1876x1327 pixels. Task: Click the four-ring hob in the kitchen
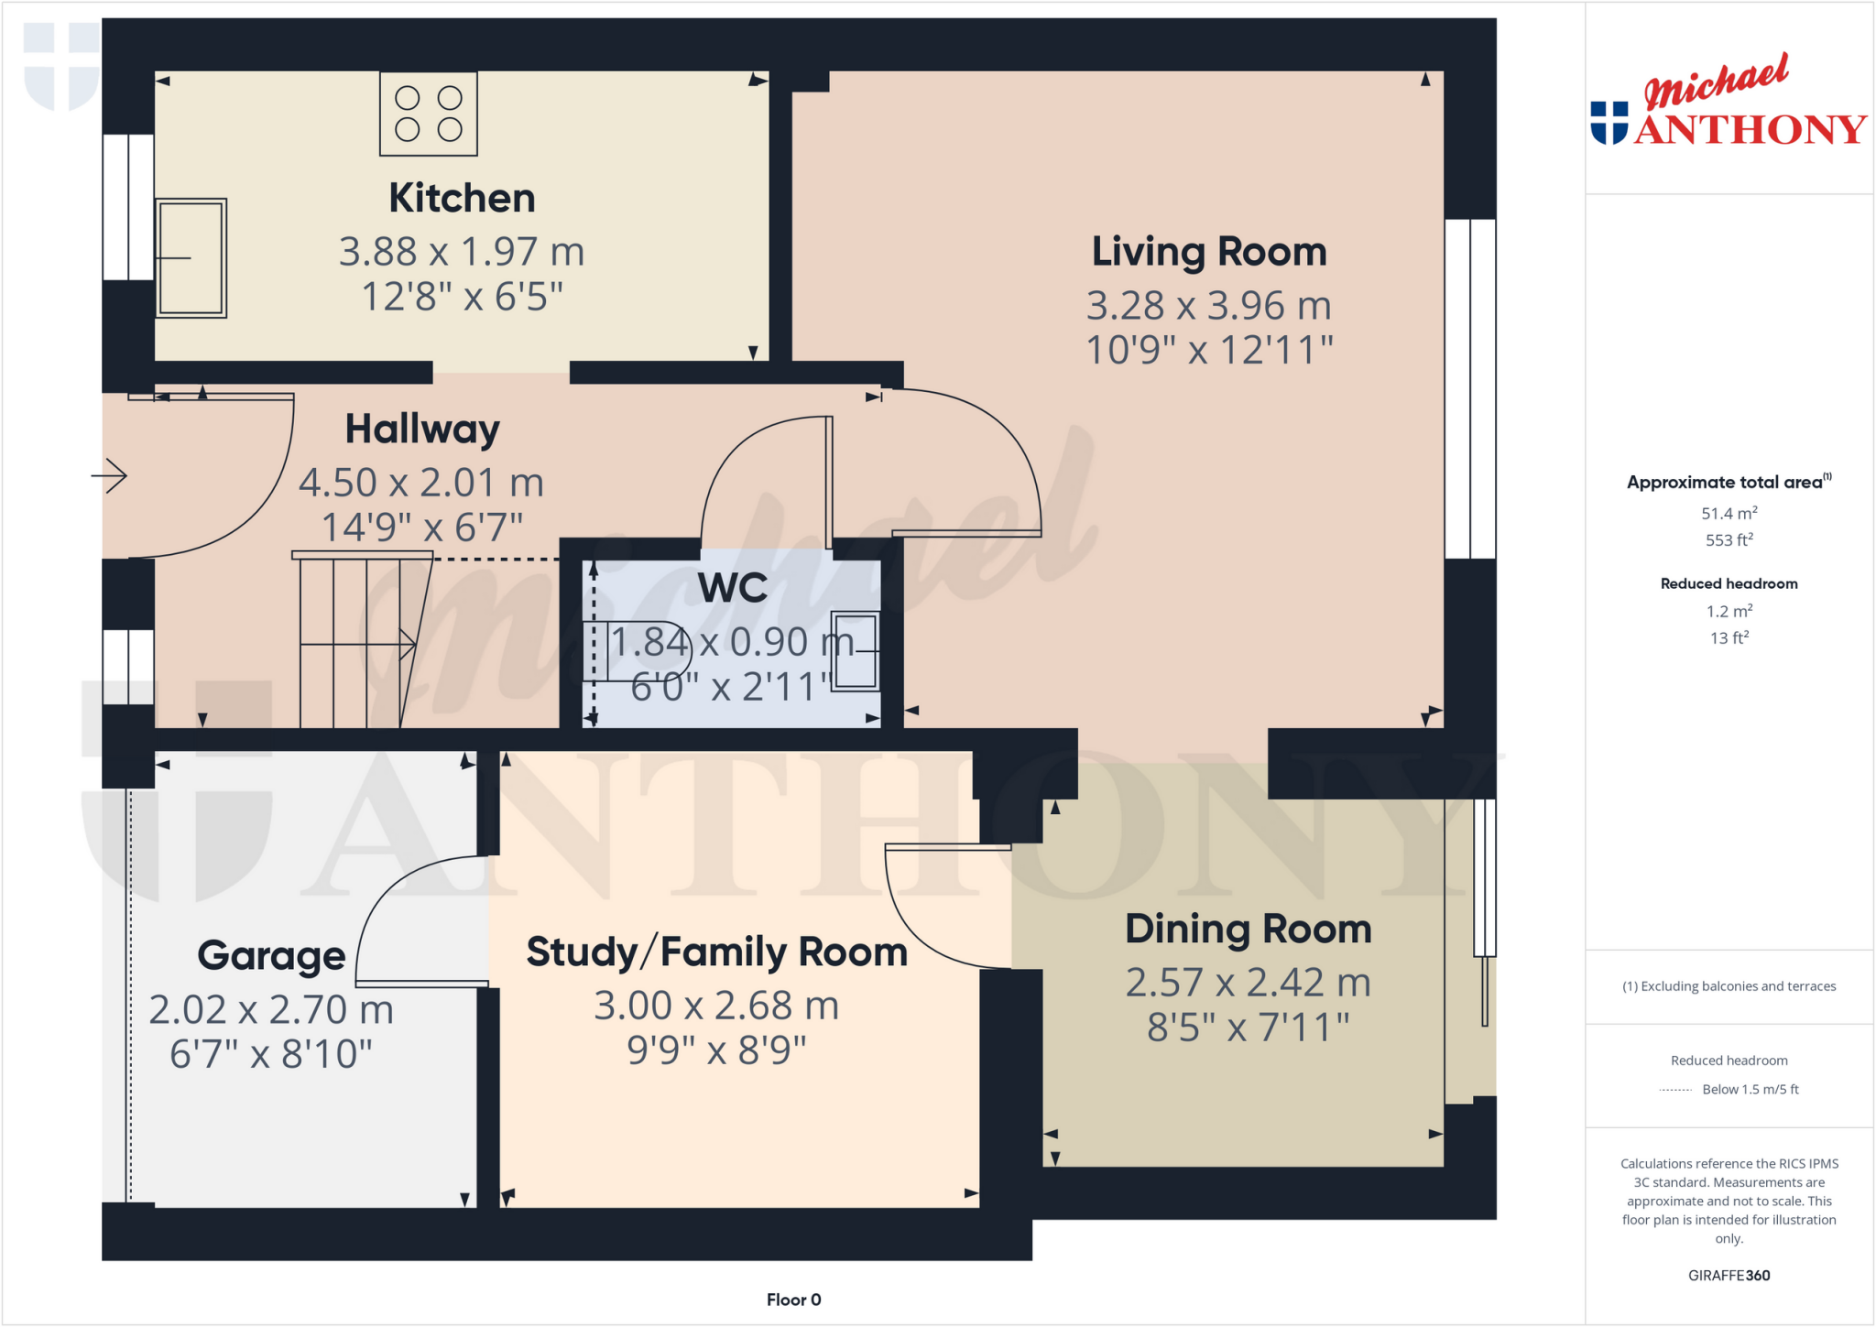coord(429,114)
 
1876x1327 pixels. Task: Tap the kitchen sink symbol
coord(191,258)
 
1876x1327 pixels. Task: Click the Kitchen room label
coord(462,198)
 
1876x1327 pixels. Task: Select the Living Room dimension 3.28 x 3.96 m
coord(1208,306)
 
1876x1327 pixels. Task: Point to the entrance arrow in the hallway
coord(111,475)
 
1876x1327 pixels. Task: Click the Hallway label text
coord(422,429)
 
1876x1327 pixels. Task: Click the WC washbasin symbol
coord(855,651)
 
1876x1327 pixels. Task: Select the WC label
coord(732,588)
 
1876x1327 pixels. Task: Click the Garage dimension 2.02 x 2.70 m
coord(271,1010)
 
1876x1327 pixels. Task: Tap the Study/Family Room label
coord(716,952)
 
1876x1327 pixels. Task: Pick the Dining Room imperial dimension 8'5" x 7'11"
coord(1248,1028)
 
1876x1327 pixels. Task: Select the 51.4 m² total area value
coord(1729,514)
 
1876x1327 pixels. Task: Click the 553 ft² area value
coord(1729,540)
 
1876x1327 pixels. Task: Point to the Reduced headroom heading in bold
coord(1729,583)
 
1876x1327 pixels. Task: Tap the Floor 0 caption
coord(793,1300)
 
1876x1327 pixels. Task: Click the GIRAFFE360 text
coord(1729,1275)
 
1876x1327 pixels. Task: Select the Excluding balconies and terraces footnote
coord(1729,986)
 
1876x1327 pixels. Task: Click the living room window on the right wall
coord(1469,389)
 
